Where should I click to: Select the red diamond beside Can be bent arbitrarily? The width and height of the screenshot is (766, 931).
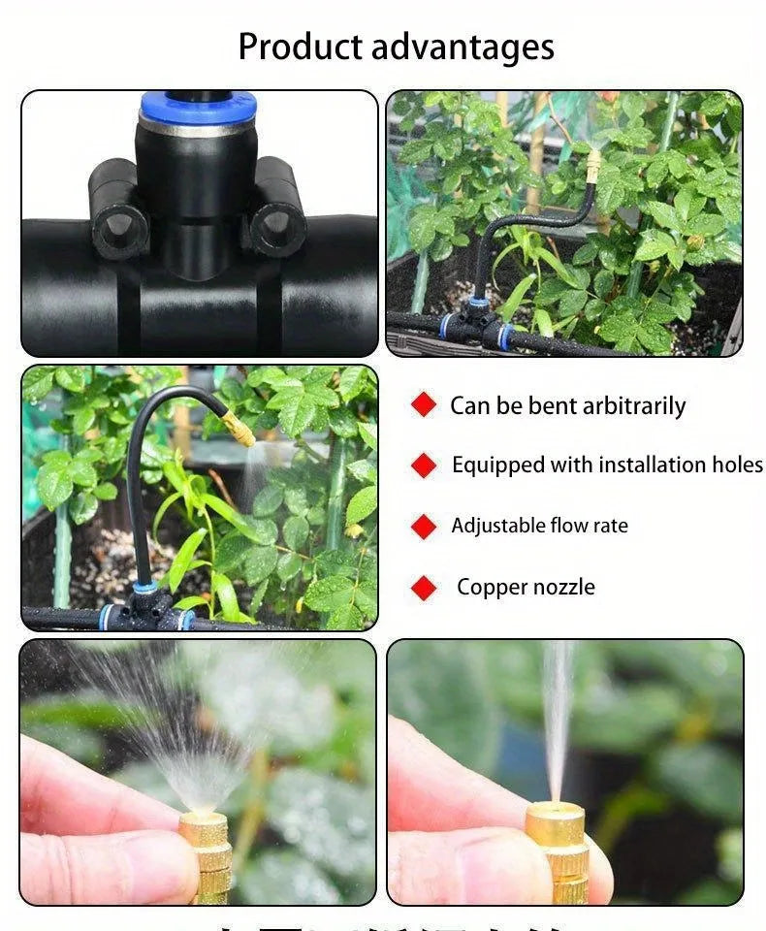click(424, 404)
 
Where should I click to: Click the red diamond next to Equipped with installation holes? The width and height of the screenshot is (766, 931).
click(424, 465)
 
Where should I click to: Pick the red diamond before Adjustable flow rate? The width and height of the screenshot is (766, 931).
click(424, 527)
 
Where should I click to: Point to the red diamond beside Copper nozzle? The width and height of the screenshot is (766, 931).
click(424, 588)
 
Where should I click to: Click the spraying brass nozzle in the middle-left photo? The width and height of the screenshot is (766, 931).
click(239, 428)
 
